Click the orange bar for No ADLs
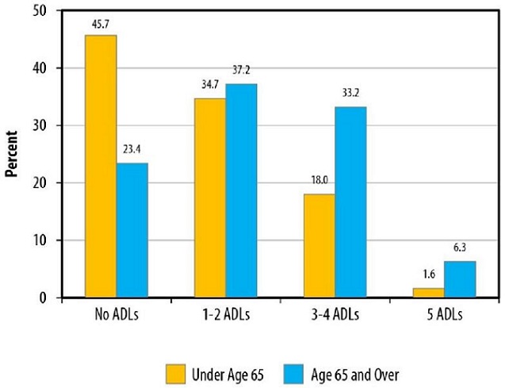[101, 167]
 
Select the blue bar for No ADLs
[132, 230]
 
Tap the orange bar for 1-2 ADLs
[209, 198]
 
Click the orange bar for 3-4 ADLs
[319, 246]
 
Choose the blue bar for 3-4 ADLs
[350, 202]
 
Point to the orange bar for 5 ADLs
[427, 293]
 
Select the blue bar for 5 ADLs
[458, 279]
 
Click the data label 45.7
[101, 25]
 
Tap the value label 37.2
[241, 74]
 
